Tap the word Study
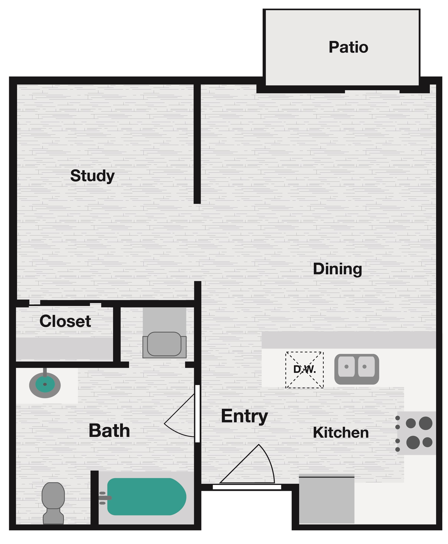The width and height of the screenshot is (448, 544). click(92, 176)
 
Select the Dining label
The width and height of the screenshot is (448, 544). click(337, 269)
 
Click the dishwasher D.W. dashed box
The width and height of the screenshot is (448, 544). click(304, 370)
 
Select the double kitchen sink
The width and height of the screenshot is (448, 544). click(356, 369)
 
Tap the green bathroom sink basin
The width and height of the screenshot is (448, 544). click(45, 384)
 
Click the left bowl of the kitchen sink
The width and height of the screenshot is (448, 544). click(346, 366)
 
